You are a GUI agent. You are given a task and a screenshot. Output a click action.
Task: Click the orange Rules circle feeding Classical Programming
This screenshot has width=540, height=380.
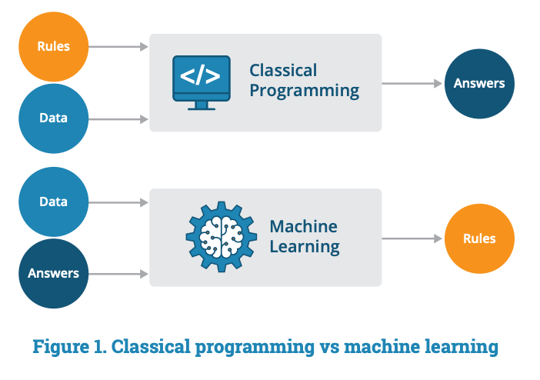pos(53,46)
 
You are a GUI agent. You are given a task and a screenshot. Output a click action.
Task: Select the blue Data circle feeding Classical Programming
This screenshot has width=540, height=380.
pos(53,118)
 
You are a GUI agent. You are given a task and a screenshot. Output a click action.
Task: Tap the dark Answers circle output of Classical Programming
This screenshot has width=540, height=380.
pos(479,83)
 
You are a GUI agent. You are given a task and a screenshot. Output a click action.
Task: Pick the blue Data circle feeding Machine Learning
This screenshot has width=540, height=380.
pos(53,202)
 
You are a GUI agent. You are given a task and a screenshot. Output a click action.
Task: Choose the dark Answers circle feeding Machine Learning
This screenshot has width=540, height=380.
pos(53,273)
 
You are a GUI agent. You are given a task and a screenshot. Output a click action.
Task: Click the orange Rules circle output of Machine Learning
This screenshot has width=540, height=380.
pos(479,238)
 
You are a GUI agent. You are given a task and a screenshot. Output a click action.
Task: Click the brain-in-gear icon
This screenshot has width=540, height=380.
pos(220,237)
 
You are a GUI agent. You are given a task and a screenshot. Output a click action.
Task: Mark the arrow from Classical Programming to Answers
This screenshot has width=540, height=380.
pos(412,83)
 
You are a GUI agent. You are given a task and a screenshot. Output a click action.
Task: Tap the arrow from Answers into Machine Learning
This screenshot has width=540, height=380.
pos(119,273)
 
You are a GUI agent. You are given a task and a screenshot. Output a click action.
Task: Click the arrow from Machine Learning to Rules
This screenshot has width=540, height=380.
pos(412,238)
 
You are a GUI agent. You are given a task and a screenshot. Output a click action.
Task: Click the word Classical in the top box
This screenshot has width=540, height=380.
pos(282,71)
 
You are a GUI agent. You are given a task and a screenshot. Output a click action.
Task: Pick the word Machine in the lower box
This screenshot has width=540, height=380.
pos(303,227)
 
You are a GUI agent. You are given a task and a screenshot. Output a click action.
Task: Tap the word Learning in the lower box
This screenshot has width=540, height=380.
pos(304,247)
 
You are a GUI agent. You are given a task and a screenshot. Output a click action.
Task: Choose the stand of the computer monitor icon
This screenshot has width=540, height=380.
pos(201,105)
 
